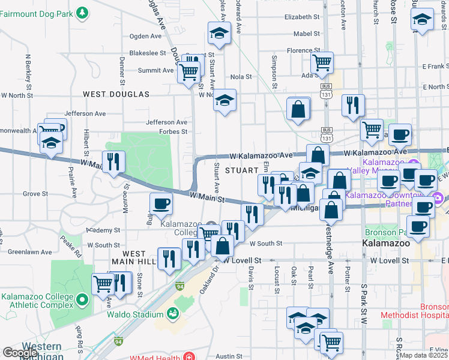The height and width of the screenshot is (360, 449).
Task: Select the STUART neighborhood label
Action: pos(241,170)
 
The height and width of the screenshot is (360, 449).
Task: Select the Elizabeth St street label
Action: pos(303,17)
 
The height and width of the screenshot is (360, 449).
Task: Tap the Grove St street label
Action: pos(35,194)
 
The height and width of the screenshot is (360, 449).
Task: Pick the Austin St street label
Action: pos(229,356)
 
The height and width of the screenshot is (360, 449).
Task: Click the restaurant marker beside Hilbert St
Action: pos(113,161)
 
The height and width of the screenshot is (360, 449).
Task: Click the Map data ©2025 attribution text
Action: pos(424,356)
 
